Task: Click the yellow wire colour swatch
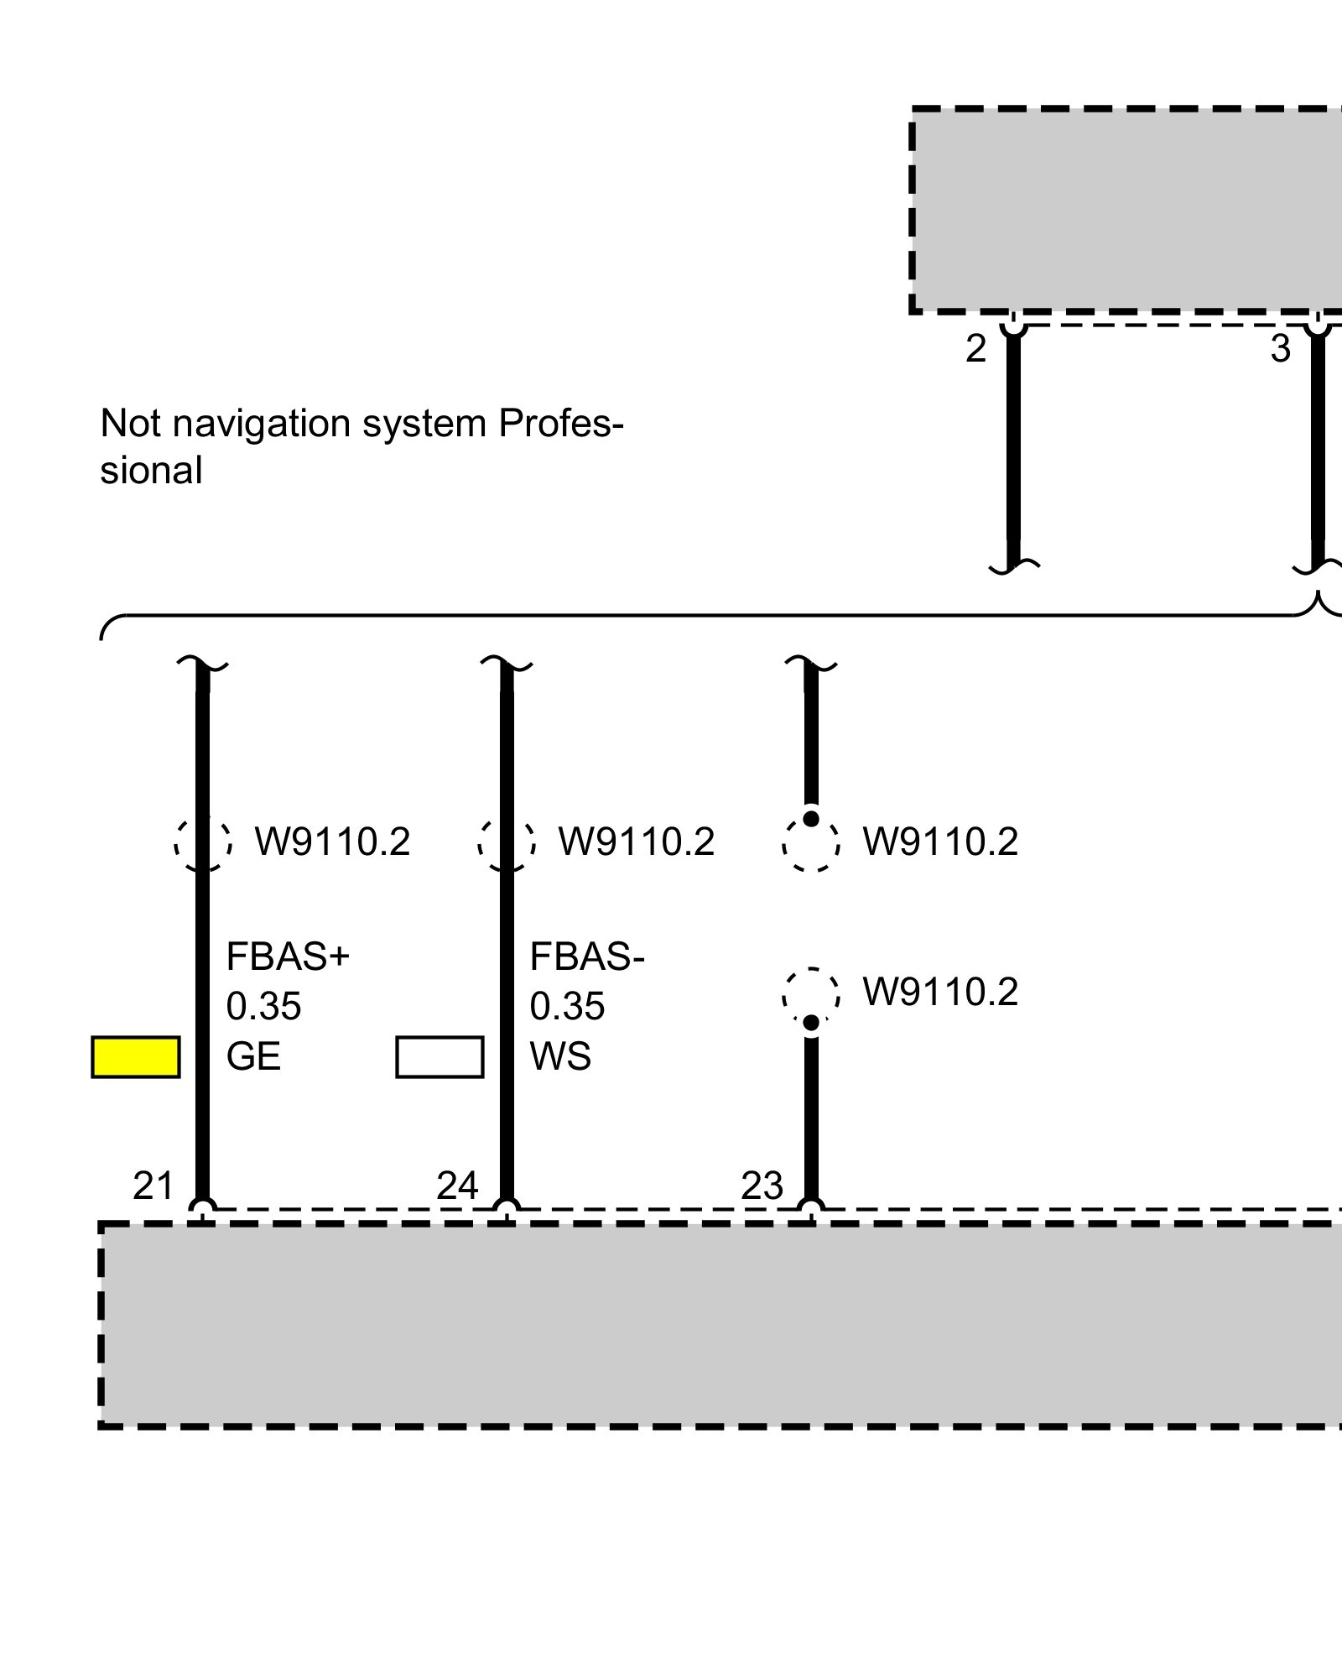(x=135, y=1057)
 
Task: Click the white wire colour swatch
(x=440, y=1057)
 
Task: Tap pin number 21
(x=153, y=1186)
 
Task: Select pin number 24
(x=457, y=1186)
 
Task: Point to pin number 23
(x=762, y=1186)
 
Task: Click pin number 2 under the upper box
(x=975, y=349)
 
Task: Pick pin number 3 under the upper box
(x=1280, y=349)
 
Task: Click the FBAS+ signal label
(x=287, y=956)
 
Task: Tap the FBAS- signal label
(x=587, y=956)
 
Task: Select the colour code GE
(x=253, y=1056)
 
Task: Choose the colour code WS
(x=560, y=1056)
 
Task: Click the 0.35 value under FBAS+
(x=263, y=1006)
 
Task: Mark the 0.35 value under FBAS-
(x=567, y=1006)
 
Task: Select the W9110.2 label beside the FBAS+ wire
(x=332, y=842)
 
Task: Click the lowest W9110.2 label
(x=940, y=992)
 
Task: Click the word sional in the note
(x=151, y=471)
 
